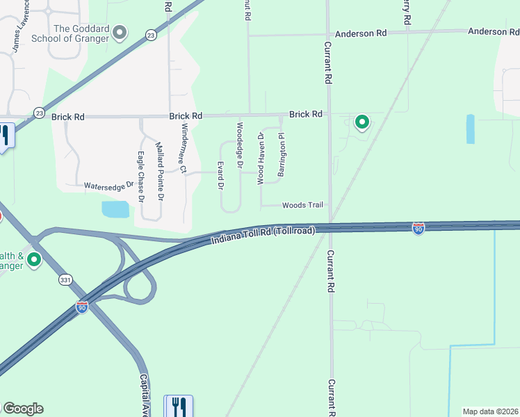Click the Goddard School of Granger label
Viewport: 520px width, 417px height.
(81, 33)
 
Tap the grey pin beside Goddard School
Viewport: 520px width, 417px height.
(120, 32)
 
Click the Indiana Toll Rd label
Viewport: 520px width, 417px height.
(263, 234)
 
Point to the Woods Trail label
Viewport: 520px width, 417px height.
(303, 205)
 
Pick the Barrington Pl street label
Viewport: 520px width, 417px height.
(282, 155)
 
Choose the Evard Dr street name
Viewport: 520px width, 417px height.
(220, 176)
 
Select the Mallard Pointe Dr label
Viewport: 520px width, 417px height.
(160, 172)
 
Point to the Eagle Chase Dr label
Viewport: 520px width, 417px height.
(140, 177)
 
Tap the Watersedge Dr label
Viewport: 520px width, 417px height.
(108, 186)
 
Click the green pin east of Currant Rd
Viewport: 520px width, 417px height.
(362, 122)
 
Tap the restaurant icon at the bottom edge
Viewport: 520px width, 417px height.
(179, 406)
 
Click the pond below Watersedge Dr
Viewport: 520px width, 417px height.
(115, 209)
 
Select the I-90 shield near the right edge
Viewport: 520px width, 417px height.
(418, 229)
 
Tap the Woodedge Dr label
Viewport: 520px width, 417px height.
(240, 140)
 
